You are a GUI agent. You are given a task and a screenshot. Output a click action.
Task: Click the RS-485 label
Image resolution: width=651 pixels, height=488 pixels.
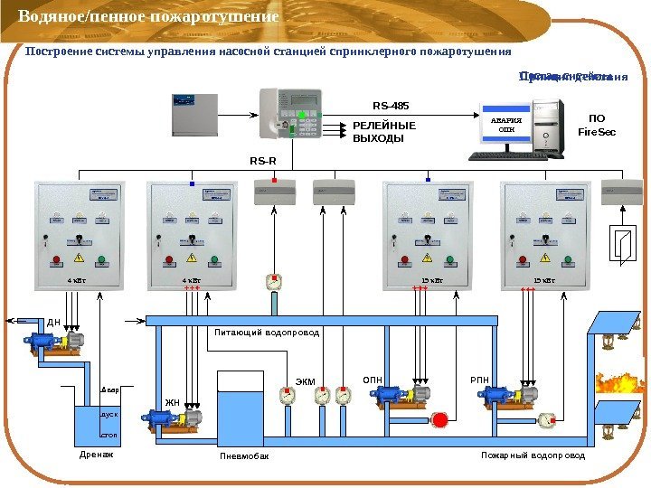pyautogui.click(x=392, y=106)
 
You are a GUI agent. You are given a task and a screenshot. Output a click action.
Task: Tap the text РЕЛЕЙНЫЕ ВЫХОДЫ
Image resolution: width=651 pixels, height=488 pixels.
pyautogui.click(x=383, y=133)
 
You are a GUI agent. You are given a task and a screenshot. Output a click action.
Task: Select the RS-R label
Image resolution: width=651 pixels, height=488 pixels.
pyautogui.click(x=263, y=161)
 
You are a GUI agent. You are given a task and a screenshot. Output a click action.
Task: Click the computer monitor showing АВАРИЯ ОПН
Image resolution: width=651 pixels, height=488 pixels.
pyautogui.click(x=507, y=127)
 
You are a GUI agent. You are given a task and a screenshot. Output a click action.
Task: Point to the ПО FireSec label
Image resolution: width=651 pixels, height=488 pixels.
pyautogui.click(x=597, y=126)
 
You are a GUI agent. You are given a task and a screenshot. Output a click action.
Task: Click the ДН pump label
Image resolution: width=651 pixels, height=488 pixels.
pyautogui.click(x=53, y=322)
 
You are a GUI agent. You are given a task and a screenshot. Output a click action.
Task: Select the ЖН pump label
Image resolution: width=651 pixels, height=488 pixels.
pyautogui.click(x=172, y=403)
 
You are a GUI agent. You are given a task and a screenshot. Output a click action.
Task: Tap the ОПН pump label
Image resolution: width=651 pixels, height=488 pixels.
pyautogui.click(x=373, y=380)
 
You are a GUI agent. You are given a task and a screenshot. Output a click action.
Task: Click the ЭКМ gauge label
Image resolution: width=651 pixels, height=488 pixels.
pyautogui.click(x=306, y=382)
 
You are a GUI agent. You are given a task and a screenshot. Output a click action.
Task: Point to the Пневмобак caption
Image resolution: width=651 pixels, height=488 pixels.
pyautogui.click(x=244, y=456)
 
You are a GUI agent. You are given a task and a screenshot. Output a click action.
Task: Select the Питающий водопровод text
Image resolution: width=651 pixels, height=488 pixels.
pyautogui.click(x=267, y=333)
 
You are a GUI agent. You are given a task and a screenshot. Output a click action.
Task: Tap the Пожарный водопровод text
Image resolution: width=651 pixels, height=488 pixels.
pyautogui.click(x=533, y=455)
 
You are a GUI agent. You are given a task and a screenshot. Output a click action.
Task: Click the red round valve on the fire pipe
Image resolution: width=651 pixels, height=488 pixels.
pyautogui.click(x=440, y=419)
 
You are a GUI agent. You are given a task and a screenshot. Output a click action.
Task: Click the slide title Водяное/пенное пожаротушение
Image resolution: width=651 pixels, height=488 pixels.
pyautogui.click(x=148, y=17)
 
